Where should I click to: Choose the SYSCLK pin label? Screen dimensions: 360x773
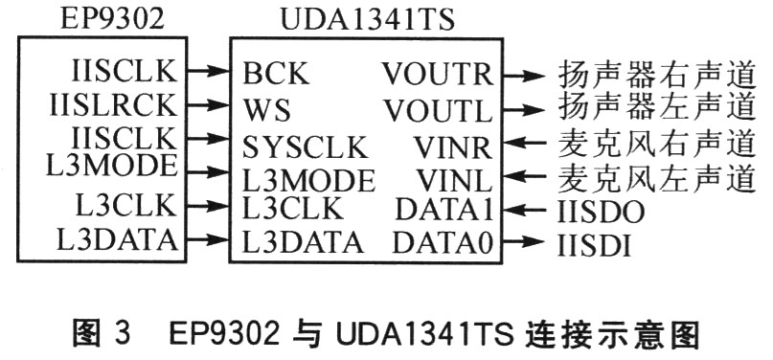pyautogui.click(x=305, y=147)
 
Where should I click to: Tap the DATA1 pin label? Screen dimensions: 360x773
pyautogui.click(x=443, y=209)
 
